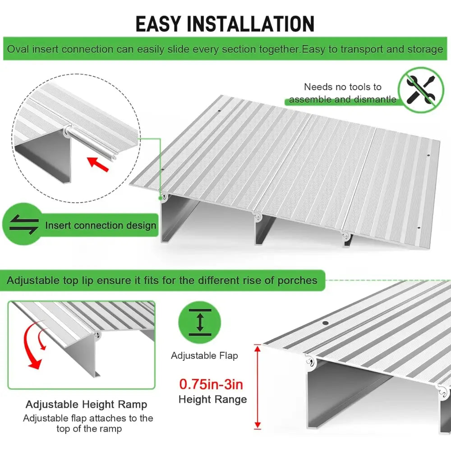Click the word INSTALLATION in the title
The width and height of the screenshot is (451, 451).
coord(250,24)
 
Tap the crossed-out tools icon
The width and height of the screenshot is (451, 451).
coord(421,90)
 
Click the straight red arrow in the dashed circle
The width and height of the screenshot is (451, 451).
coord(98,164)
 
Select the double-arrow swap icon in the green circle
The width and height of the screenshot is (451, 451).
coord(24,224)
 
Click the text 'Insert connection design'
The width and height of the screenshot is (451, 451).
coord(101,225)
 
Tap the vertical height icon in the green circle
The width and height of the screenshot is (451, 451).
coord(200,322)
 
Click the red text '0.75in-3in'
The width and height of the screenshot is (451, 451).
coord(211,384)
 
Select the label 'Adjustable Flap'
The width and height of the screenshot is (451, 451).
coord(204,356)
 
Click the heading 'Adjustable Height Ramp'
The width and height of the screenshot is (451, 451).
coord(86,405)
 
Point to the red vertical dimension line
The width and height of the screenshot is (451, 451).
coord(258,387)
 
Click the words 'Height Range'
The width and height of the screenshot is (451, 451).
coord(212,400)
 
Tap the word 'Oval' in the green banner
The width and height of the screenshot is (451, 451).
coord(18,49)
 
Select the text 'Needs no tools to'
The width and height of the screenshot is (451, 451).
coord(343,87)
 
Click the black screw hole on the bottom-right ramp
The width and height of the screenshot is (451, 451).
coord(325,323)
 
